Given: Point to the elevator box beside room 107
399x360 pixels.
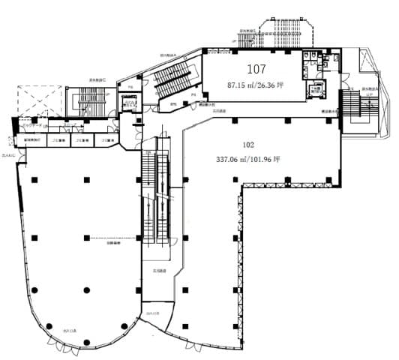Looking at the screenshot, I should point(317,90).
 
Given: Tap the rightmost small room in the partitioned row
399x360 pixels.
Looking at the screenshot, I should point(111,141).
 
